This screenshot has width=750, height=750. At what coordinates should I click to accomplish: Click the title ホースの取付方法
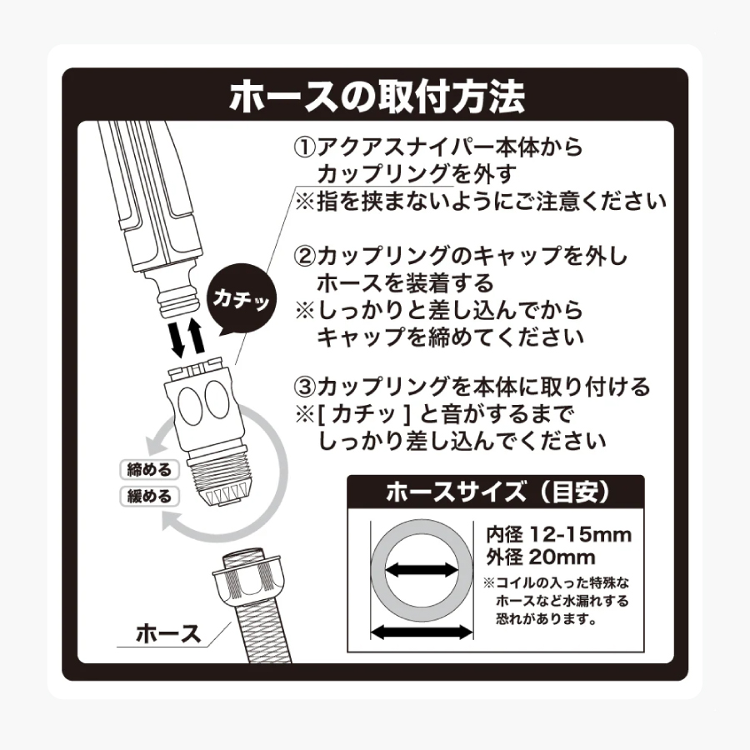click(x=377, y=97)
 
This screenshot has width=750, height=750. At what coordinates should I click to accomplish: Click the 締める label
click(x=149, y=469)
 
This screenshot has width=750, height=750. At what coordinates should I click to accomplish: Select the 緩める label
click(x=149, y=497)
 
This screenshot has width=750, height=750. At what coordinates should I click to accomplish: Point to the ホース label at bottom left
click(x=168, y=634)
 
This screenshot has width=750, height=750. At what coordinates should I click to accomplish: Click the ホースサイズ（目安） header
click(x=495, y=492)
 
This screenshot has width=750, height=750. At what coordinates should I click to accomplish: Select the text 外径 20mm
click(x=540, y=557)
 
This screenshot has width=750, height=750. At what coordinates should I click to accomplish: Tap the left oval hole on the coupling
click(x=191, y=407)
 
